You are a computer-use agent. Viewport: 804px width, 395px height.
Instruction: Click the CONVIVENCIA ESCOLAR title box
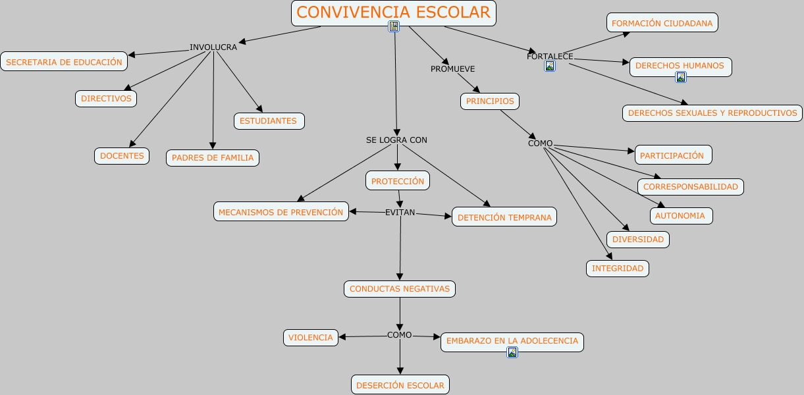(393, 13)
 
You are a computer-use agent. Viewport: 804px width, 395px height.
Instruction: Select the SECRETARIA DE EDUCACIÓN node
(64, 62)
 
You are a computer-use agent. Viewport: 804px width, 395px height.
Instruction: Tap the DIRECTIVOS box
(106, 99)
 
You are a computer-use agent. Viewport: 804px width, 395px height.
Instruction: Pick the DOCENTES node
(122, 156)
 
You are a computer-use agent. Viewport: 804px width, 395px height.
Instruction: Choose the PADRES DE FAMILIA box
(213, 158)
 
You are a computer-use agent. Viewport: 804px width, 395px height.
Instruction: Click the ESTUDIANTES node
(269, 121)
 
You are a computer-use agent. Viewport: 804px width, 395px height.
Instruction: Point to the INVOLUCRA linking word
(213, 47)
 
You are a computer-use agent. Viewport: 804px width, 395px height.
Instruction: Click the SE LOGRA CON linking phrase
(396, 140)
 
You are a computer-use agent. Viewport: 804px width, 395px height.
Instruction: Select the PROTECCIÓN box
(398, 181)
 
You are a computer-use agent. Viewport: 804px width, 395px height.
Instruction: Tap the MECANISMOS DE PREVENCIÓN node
(281, 212)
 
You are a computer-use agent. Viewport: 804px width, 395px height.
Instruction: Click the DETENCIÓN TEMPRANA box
(504, 217)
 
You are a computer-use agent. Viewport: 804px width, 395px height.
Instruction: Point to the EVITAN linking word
(400, 212)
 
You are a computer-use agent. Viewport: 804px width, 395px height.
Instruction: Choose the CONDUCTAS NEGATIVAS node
(400, 289)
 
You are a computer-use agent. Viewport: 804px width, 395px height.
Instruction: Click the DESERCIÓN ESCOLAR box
(400, 385)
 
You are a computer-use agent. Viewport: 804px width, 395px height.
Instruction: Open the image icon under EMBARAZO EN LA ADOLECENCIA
(512, 352)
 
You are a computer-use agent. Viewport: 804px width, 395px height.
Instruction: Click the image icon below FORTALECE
(550, 66)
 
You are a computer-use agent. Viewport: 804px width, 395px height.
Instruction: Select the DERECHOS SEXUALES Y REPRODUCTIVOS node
(712, 113)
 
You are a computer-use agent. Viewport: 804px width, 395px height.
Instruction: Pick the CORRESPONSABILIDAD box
(691, 187)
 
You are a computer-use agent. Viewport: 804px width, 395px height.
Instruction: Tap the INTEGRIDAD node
(618, 269)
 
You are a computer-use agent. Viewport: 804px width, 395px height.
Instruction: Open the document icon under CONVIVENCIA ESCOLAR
(394, 26)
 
